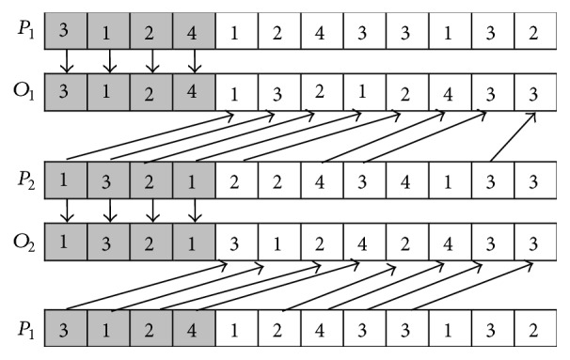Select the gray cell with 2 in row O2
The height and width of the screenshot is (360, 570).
(151, 243)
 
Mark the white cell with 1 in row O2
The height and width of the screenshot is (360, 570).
(277, 243)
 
